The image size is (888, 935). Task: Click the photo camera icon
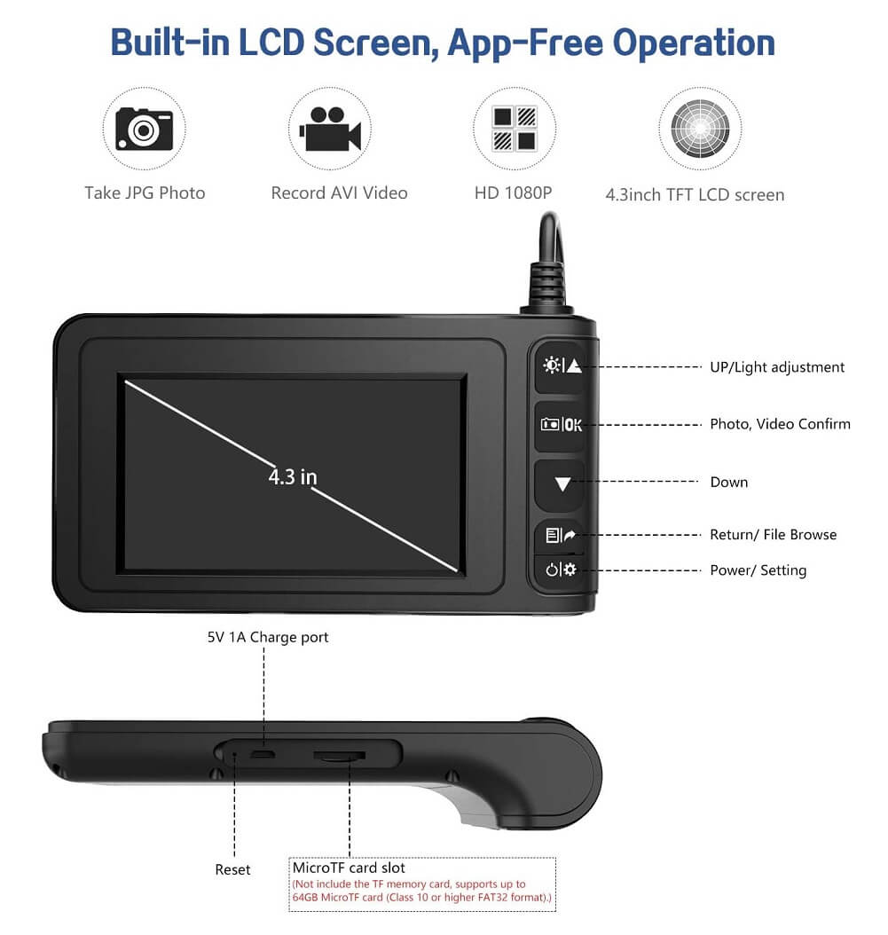(x=144, y=129)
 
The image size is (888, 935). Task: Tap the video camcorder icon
(x=330, y=129)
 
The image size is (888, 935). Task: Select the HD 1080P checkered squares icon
(x=514, y=129)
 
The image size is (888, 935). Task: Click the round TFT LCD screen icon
(x=700, y=129)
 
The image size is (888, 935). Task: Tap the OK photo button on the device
(x=561, y=425)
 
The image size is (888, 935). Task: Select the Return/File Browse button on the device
(x=560, y=536)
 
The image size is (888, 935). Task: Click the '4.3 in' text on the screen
(x=292, y=477)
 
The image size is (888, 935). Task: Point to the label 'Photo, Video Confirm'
(x=780, y=424)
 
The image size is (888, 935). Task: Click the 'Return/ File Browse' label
(x=773, y=534)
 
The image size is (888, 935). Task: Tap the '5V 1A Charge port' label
(x=268, y=637)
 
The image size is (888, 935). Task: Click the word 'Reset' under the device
(x=232, y=869)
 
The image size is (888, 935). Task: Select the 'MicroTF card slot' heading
(x=349, y=867)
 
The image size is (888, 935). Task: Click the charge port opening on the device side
(x=263, y=755)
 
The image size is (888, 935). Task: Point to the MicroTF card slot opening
(x=340, y=756)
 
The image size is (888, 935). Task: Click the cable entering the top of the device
(x=548, y=263)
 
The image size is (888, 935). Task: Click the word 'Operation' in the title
(x=694, y=43)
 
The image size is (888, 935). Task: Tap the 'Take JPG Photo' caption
(x=145, y=192)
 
